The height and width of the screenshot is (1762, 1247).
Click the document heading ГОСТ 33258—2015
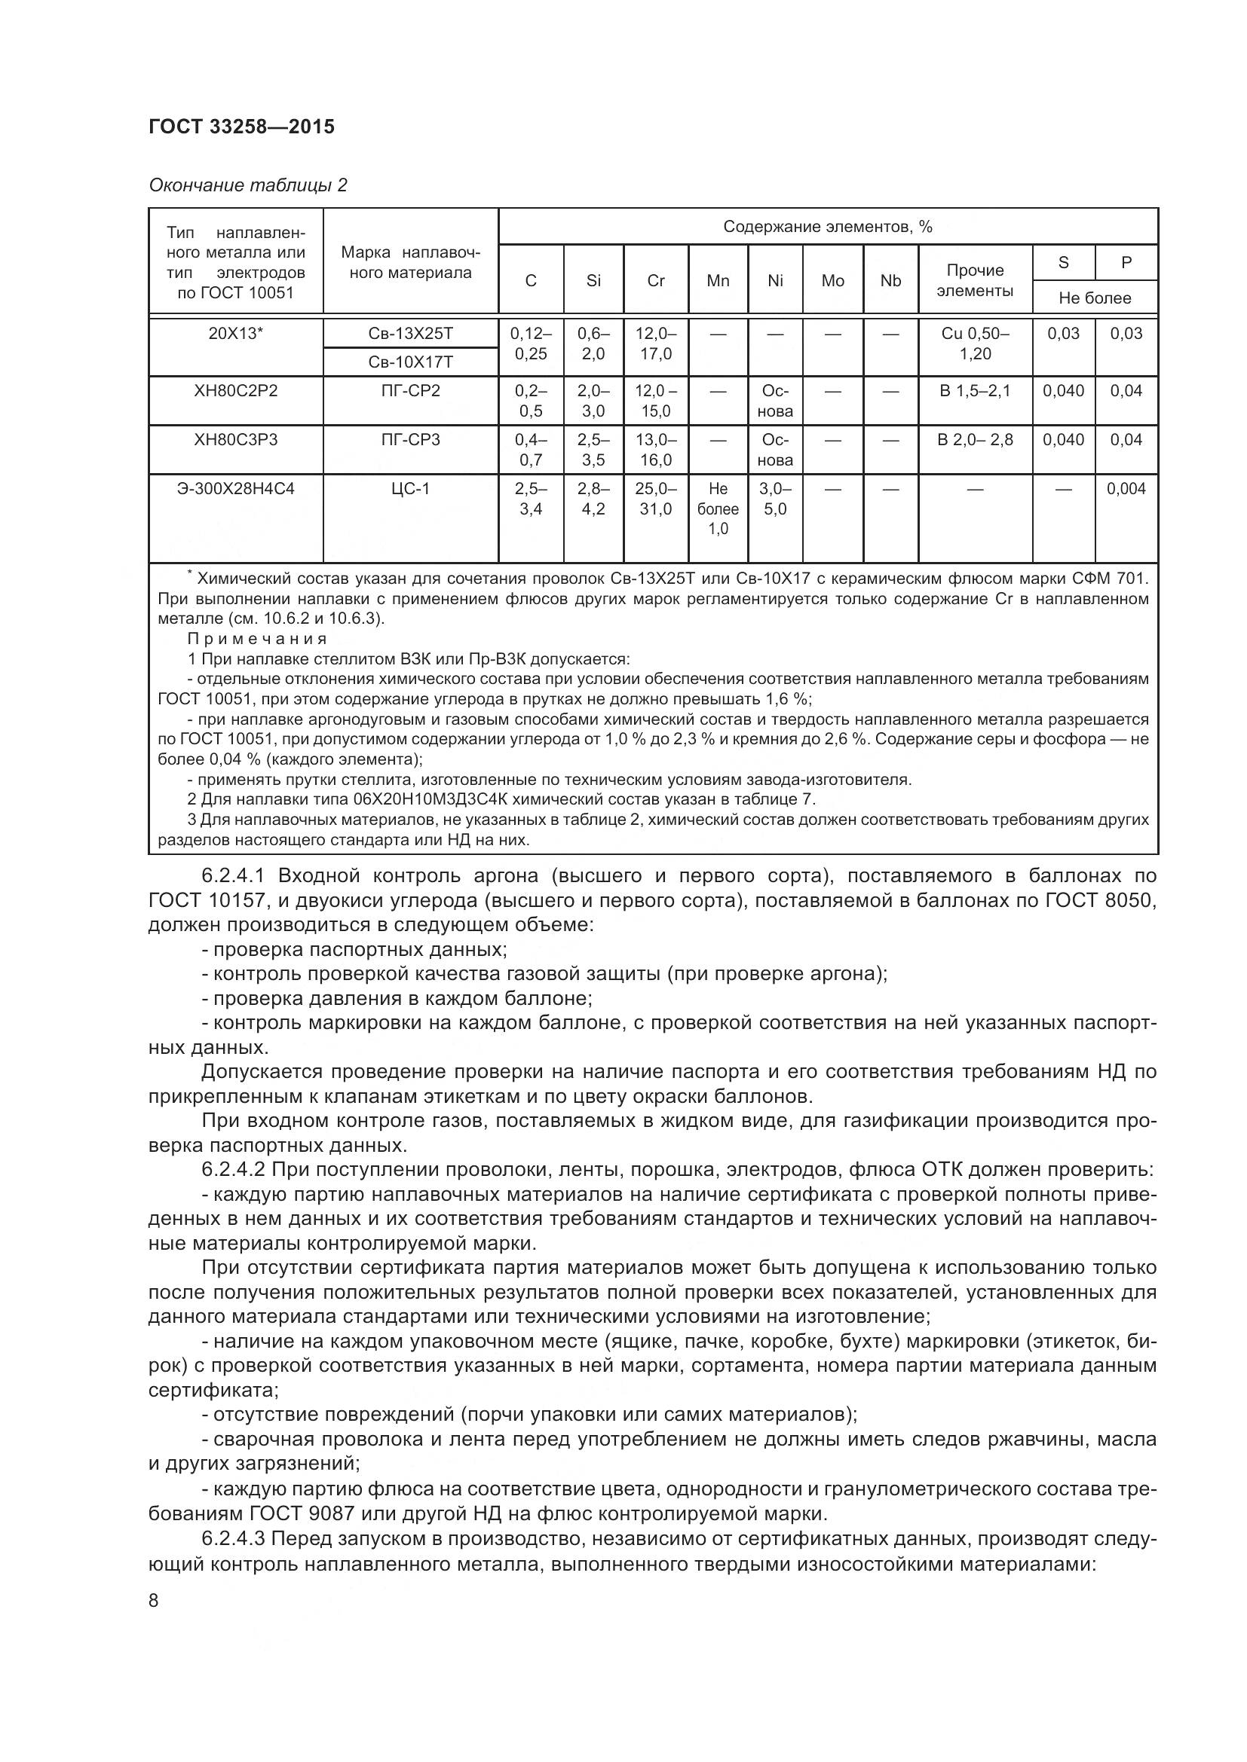coord(241,127)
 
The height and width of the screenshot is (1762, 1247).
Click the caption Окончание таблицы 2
coord(247,185)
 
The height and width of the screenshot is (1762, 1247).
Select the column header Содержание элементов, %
coord(827,227)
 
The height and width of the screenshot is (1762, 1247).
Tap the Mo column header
coord(832,281)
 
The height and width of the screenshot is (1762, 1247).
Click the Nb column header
coord(890,281)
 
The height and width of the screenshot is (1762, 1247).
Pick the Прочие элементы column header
coord(974,280)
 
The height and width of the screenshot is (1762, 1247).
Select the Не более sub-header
coord(1094,298)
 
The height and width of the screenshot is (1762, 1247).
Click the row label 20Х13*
coord(236,333)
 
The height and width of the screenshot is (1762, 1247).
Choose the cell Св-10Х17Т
coord(410,362)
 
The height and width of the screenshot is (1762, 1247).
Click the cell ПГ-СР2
coord(410,391)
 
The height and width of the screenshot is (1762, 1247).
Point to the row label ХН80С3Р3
coord(236,440)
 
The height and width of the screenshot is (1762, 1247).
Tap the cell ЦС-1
coord(410,488)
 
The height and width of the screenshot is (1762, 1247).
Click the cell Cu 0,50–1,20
coord(974,343)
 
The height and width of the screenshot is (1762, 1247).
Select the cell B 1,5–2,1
coord(974,391)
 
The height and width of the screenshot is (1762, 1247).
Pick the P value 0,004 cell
coord(1126,488)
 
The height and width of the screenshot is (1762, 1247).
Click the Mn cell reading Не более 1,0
coord(717,508)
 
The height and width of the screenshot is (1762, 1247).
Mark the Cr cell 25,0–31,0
coord(655,498)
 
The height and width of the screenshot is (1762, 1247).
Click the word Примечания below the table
coord(257,639)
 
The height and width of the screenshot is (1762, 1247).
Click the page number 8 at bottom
coord(154,1601)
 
